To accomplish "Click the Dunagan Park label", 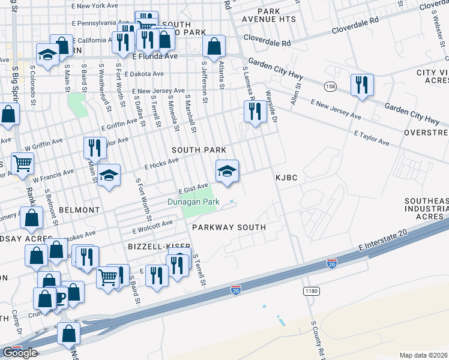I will (x=193, y=202).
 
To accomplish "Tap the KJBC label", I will (x=286, y=178).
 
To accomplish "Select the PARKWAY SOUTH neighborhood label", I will (x=229, y=227).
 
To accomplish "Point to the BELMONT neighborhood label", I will (x=79, y=210).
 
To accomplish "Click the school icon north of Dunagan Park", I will (x=228, y=172).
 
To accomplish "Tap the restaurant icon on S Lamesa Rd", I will (x=255, y=112).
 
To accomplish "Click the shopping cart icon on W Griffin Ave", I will (x=22, y=163).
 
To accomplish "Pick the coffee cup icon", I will (x=60, y=298).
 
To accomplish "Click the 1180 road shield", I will (x=310, y=291).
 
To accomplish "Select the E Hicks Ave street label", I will (x=161, y=164).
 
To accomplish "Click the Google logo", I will (x=20, y=353).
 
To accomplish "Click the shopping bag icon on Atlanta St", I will (x=214, y=47).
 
